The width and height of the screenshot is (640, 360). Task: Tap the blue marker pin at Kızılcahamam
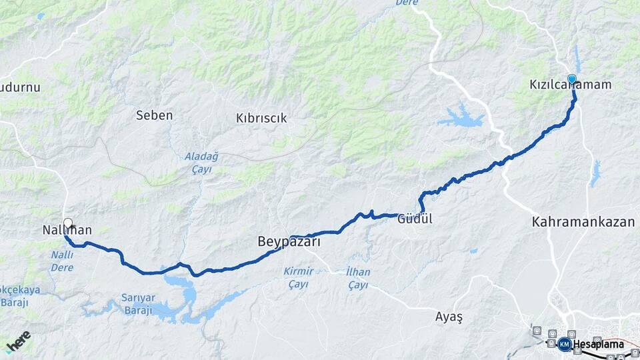click(x=571, y=79)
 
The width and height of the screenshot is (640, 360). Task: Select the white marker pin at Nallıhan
click(x=67, y=224)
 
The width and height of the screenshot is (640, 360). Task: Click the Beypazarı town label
click(x=289, y=243)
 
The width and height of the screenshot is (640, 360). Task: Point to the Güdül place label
click(x=415, y=218)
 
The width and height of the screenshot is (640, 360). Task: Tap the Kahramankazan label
click(x=583, y=222)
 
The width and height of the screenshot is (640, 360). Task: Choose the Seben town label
click(x=154, y=115)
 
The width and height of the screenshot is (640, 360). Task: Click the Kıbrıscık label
click(x=261, y=118)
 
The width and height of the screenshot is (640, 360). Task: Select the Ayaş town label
click(x=448, y=317)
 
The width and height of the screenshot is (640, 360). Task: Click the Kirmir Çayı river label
click(x=298, y=278)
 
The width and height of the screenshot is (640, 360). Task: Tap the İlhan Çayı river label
click(x=358, y=278)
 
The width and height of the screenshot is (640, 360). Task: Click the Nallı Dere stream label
click(x=62, y=261)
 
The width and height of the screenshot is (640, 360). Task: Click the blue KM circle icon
click(x=565, y=344)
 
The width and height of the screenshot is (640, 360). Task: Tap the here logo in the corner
click(x=17, y=341)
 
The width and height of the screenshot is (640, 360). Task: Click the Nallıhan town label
click(x=65, y=231)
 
